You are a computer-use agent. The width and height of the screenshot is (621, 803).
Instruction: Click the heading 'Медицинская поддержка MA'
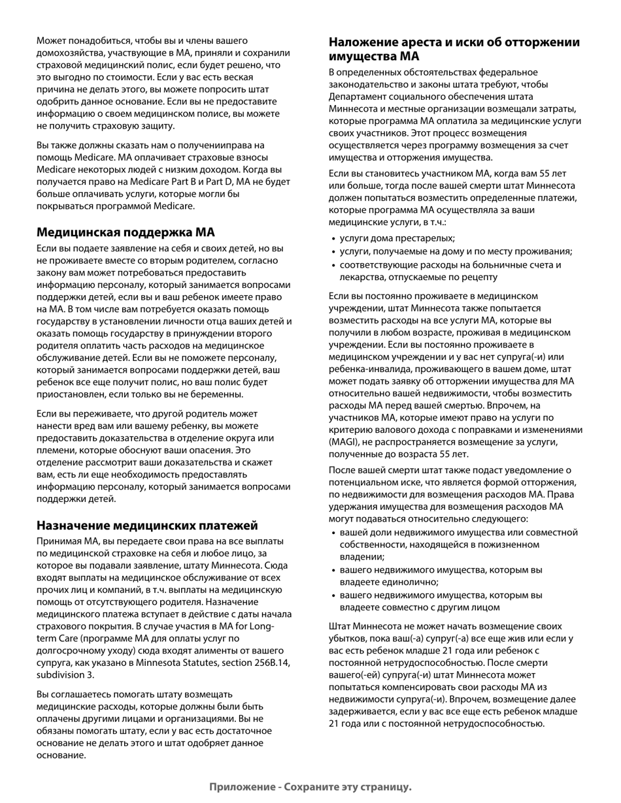click(126, 232)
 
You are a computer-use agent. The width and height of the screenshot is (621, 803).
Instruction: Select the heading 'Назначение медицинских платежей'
click(147, 526)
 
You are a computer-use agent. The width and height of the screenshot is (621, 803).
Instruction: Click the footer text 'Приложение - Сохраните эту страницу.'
click(310, 787)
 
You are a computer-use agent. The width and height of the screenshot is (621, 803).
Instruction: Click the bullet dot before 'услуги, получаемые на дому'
click(333, 252)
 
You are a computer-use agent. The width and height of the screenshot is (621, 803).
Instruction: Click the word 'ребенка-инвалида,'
click(365, 369)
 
